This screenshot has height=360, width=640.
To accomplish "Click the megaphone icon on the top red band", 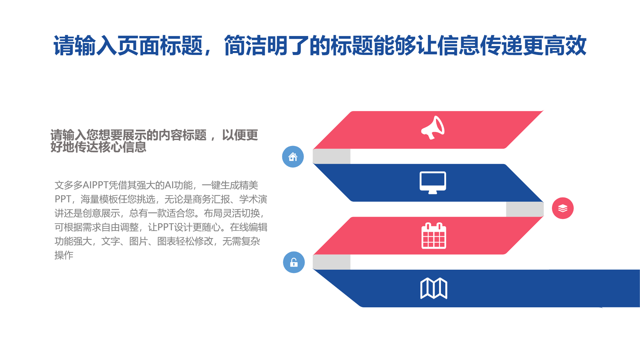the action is point(433,128).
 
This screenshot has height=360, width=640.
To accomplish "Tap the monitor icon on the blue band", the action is point(433,183).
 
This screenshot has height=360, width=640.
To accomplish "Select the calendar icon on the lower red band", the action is point(434,236).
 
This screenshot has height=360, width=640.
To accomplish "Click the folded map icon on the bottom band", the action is point(434,288).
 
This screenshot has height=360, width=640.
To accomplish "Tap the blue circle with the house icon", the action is point(293,157).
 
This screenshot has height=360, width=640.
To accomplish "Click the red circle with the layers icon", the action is point(563,208).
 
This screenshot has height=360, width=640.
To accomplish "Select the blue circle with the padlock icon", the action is point(294,262).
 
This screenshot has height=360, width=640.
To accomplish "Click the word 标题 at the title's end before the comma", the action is point(182,46).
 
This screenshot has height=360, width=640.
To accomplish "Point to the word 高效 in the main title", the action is point(565,46).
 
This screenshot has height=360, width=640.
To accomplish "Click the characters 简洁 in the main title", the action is point(245,46).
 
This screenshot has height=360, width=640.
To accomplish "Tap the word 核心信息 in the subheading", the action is point(122,147).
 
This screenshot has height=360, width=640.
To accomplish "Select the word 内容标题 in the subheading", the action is point(183,135).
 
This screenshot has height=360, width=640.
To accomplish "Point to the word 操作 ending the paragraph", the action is point(64,255).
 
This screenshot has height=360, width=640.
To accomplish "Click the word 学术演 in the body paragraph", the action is point(253,199).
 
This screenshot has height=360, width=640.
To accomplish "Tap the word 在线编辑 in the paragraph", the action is point(249,227).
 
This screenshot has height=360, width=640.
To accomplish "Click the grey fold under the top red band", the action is point(332,156).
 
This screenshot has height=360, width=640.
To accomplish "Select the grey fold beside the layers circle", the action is point(525,209).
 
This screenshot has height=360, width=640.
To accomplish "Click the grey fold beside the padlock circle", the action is point(332,262).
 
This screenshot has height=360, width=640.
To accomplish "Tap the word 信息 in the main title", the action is point(458,46).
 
